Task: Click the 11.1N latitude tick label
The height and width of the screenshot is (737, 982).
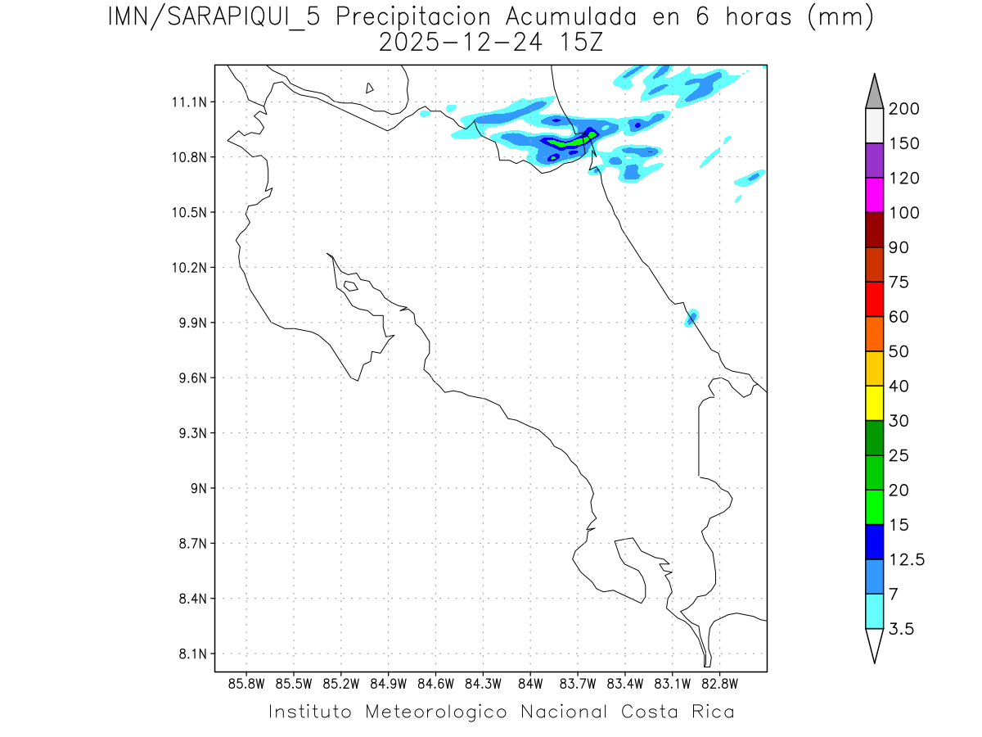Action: coord(187,102)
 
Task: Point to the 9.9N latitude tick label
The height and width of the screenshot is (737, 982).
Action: coord(187,323)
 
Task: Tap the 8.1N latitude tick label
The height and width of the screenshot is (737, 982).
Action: coord(187,654)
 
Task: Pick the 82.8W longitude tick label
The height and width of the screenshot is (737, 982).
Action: coord(719,683)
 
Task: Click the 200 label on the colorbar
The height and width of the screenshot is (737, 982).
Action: coord(903,109)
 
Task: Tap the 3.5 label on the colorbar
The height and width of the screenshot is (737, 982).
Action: coord(902,629)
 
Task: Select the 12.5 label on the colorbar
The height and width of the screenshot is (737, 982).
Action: coord(907,559)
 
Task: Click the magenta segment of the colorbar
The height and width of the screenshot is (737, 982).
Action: coord(874,195)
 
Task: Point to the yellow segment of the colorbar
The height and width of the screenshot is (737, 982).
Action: coord(874,403)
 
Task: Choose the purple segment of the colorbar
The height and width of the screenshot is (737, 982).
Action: coord(874,161)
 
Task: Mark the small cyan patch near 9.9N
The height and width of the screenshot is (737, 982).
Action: coord(691,318)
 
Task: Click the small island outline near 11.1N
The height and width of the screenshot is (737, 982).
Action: coord(370,88)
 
